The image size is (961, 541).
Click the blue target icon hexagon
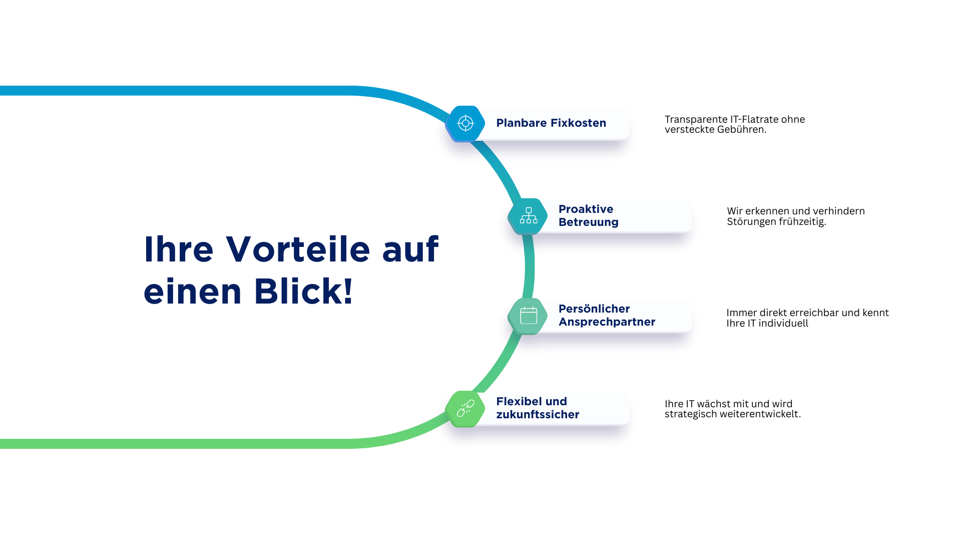[465, 123]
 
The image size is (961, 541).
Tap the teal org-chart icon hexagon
[528, 216]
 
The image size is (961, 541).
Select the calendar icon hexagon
[528, 316]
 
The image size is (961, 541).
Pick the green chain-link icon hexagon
[465, 409]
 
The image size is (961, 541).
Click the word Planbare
[521, 123]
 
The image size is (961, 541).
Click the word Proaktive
[586, 209]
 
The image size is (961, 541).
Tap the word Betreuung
[588, 222]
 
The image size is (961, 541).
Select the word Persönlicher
[594, 309]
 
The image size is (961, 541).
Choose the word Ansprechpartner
[607, 322]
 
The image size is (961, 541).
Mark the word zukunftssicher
[538, 414]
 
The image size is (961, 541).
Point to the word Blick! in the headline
[303, 291]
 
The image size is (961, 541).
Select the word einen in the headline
[193, 292]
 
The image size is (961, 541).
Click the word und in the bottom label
[556, 401]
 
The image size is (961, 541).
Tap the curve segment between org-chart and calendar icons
[530, 265]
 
